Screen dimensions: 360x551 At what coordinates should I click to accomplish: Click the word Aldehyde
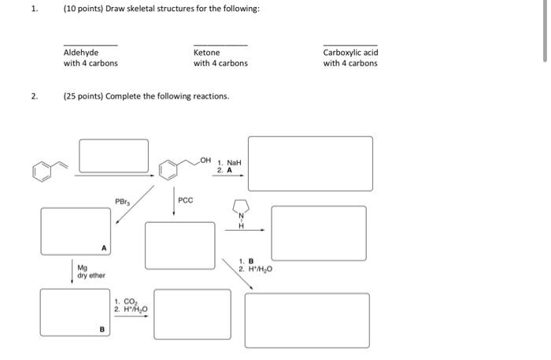click(x=81, y=53)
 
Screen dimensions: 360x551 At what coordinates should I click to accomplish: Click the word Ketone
click(x=207, y=53)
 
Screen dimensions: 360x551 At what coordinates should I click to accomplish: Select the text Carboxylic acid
click(x=350, y=53)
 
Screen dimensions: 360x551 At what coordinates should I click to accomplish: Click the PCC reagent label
click(x=185, y=201)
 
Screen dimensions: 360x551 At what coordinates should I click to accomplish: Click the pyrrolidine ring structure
click(x=241, y=210)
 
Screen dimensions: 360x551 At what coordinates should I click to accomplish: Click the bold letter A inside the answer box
click(x=103, y=248)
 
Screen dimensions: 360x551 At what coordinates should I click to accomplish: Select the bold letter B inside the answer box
click(x=102, y=329)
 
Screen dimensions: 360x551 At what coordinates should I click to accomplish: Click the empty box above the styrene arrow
click(x=113, y=155)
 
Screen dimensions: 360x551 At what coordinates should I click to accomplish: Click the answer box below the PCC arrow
click(x=179, y=244)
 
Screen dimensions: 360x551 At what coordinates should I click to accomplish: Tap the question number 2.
click(x=34, y=96)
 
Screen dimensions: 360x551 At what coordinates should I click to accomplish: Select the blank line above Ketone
click(x=220, y=45)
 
